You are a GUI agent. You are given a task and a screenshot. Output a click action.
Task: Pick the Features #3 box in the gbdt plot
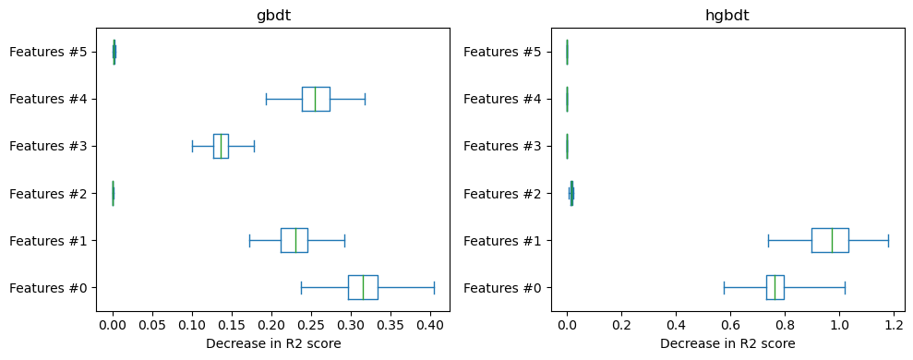click(x=221, y=146)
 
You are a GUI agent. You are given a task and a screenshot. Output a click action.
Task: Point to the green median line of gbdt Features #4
click(x=315, y=99)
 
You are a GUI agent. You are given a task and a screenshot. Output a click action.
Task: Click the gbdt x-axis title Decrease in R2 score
click(x=272, y=343)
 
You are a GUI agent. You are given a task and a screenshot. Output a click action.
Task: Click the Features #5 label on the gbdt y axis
click(x=48, y=52)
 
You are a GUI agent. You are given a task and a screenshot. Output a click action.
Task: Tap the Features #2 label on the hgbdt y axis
click(x=502, y=193)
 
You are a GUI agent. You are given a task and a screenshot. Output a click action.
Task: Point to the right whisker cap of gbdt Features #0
click(x=434, y=287)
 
